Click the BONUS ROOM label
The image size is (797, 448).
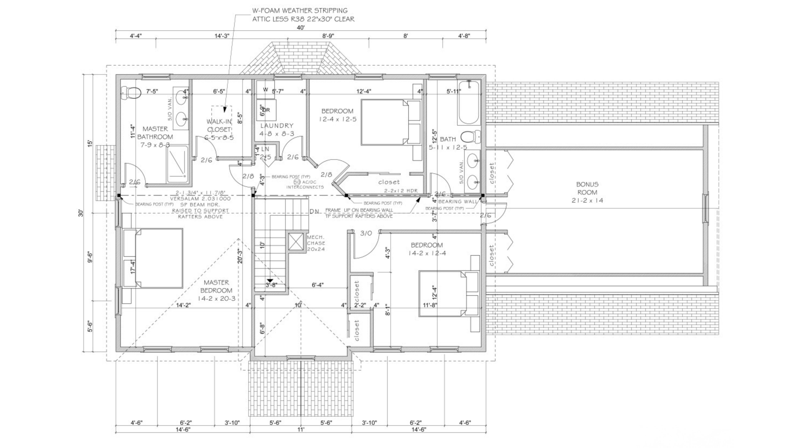pyautogui.click(x=587, y=192)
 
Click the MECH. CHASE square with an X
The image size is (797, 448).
pyautogui.click(x=296, y=241)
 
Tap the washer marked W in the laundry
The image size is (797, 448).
pyautogui.click(x=265, y=90)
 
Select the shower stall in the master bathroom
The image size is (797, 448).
pyautogui.click(x=178, y=164)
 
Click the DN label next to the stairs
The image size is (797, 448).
pyautogui.click(x=314, y=212)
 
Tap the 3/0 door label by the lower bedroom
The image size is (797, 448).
pyautogui.click(x=366, y=233)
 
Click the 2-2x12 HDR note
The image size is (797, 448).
pyautogui.click(x=401, y=191)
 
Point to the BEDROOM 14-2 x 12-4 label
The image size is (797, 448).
pyautogui.click(x=427, y=249)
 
